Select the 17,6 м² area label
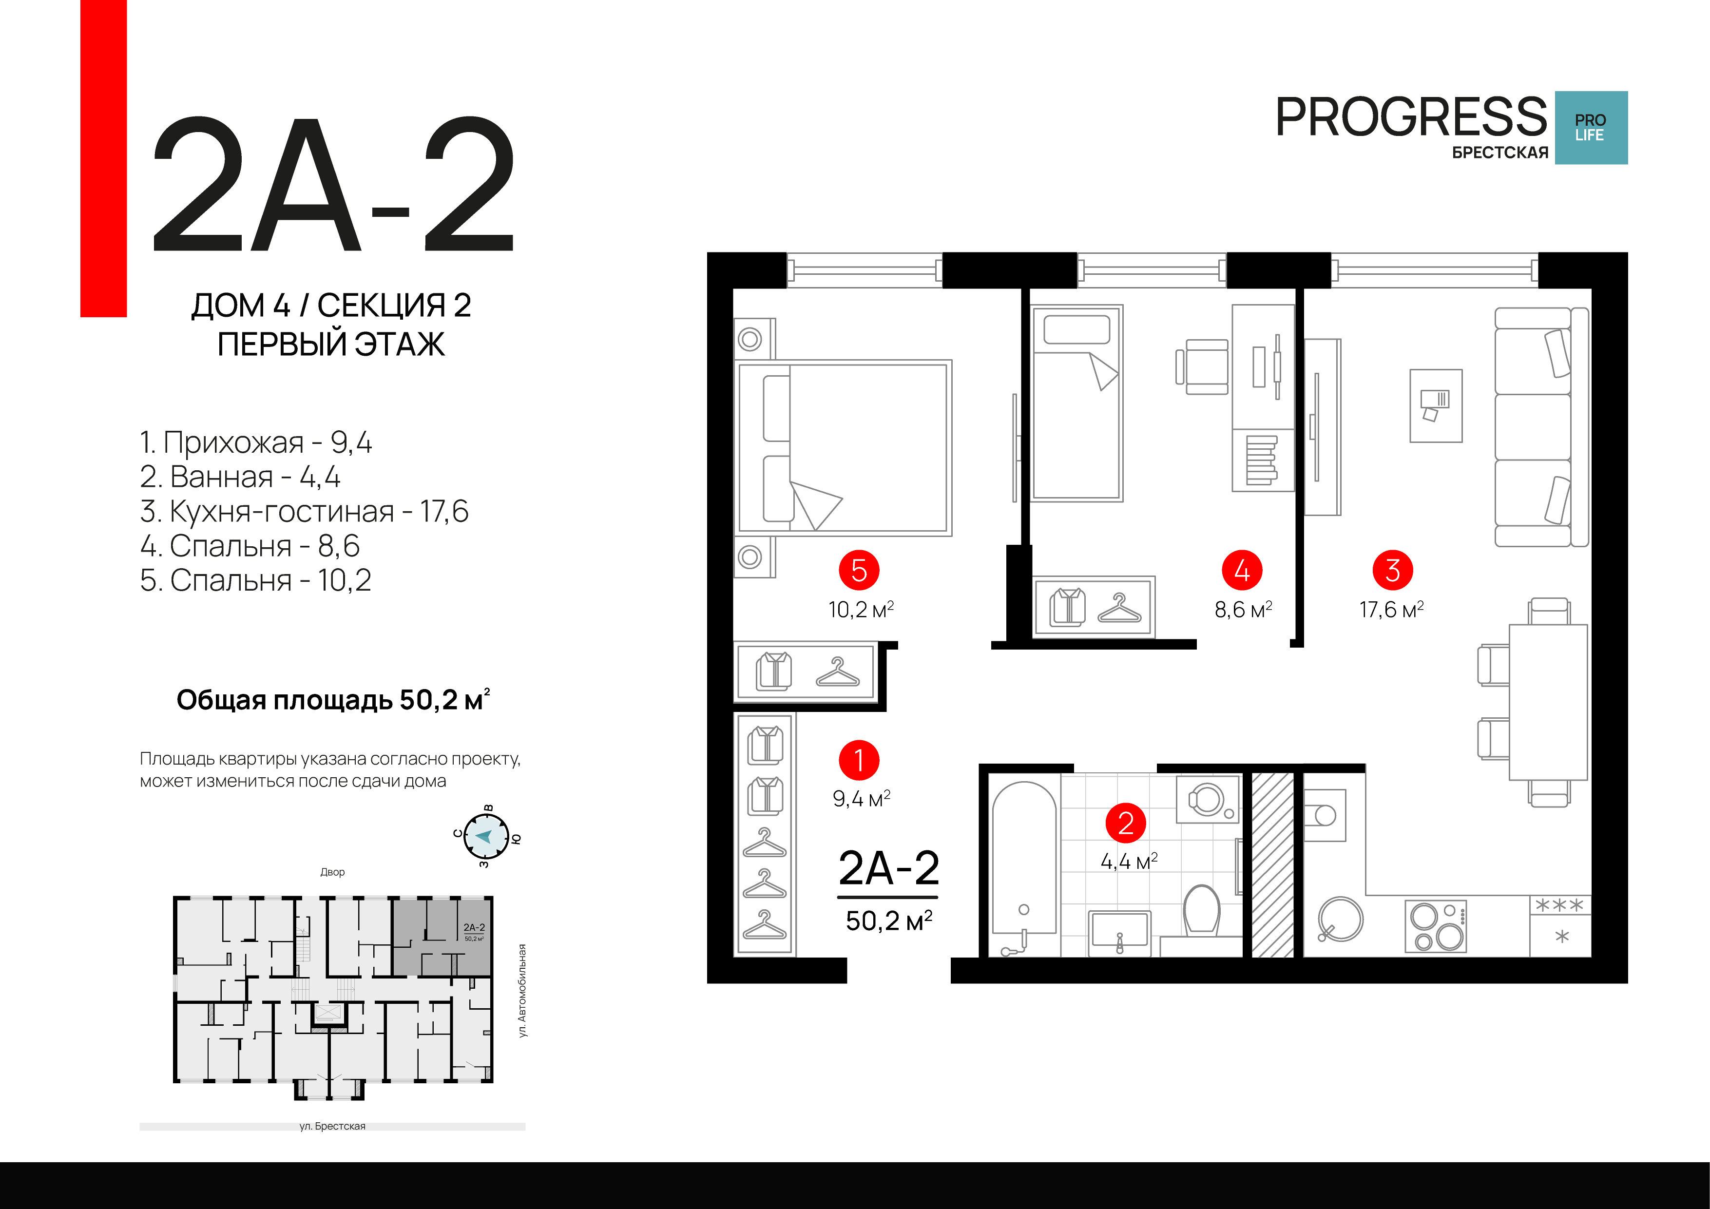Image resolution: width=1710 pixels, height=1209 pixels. click(x=1391, y=609)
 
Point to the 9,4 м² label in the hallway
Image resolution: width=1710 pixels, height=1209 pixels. click(x=861, y=799)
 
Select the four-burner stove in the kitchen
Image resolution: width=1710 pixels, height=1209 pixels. click(x=1435, y=926)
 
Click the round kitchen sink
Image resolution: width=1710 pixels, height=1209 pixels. click(x=1340, y=919)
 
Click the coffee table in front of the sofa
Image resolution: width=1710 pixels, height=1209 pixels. click(x=1436, y=406)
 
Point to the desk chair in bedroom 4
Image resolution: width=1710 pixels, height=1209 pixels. click(x=1203, y=366)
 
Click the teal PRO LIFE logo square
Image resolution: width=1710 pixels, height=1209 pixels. click(x=1591, y=127)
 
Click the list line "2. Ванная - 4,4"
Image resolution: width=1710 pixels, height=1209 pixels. click(x=240, y=477)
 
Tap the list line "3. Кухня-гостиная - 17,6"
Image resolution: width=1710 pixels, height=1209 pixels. click(x=304, y=512)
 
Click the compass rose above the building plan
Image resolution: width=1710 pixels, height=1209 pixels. click(x=486, y=837)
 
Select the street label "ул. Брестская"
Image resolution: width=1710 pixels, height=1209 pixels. click(x=332, y=1126)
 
